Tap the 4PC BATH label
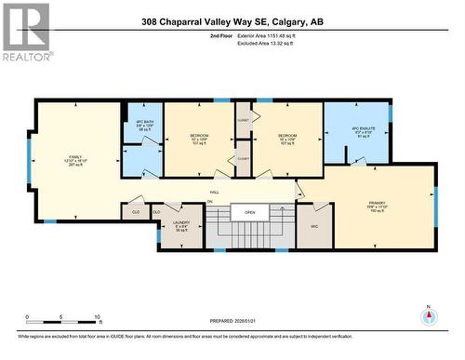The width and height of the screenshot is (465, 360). pos(142,121)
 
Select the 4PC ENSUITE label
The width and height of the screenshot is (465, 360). pos(362,129)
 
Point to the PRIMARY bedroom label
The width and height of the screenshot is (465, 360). pos(377,202)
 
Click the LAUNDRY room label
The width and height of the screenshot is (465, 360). pos(180,222)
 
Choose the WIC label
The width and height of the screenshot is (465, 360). pos(314,226)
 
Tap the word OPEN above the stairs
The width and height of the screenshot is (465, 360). pos(249,211)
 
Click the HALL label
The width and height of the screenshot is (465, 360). pos(214,193)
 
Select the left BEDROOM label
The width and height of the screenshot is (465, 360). pos(199,136)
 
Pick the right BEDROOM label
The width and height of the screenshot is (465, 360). pos(286,136)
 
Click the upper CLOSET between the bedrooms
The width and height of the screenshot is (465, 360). pos(244,120)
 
